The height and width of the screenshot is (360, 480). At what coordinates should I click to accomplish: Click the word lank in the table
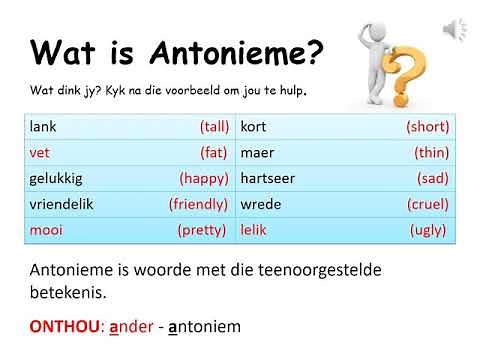tap(44, 127)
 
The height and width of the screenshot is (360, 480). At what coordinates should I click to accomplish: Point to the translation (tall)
tap(214, 127)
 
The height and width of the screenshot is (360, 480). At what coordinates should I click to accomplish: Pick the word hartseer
tap(268, 178)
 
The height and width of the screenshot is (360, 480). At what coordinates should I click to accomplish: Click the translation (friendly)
tap(199, 203)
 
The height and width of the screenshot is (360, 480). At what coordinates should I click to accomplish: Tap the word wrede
tap(260, 203)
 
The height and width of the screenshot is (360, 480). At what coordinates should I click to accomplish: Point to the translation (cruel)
tap(428, 203)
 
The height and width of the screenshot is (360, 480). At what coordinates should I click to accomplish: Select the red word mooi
tap(46, 229)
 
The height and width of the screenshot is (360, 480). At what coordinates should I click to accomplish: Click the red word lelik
tap(255, 229)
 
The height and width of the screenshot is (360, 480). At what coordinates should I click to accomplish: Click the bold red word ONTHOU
tap(65, 326)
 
